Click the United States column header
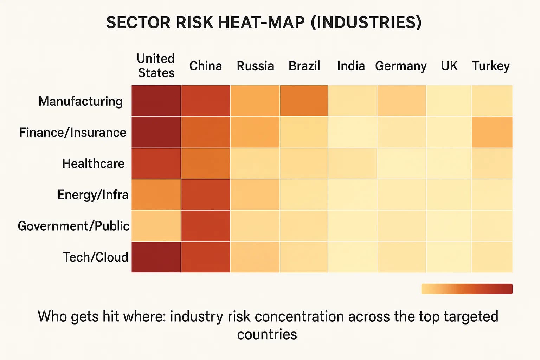156,66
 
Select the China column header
206,66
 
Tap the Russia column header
255,66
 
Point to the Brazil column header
304,66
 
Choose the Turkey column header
491,66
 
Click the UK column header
449,66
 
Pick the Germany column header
401,66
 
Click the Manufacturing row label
81,101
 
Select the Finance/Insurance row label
73,133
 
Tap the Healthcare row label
93,164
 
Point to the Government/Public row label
73,226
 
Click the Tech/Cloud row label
96,257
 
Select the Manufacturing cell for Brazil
304,101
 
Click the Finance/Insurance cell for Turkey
492,132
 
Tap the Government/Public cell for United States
156,226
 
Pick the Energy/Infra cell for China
206,195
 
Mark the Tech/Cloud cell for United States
156,257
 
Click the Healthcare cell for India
352,163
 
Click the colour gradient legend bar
467,289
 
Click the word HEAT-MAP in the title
262,22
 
